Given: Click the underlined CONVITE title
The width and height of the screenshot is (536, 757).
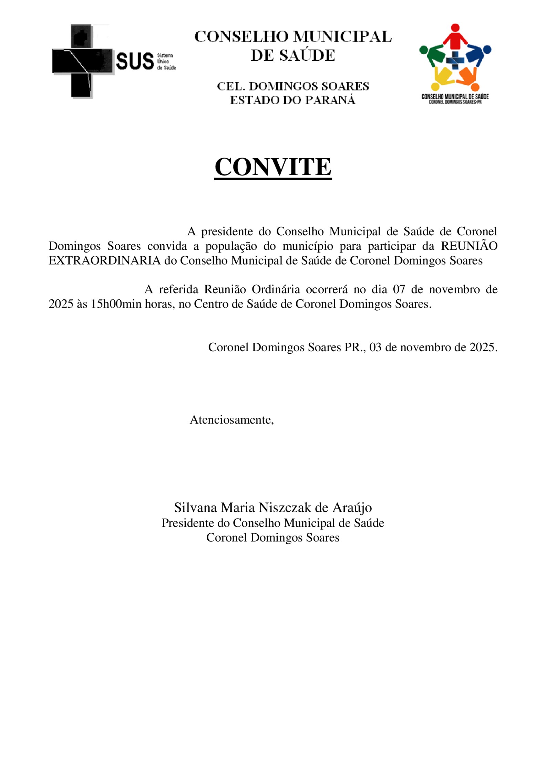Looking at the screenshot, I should [273, 167].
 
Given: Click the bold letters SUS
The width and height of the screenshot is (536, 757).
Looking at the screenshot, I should [135, 62].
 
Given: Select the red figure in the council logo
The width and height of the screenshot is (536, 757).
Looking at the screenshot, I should [455, 36].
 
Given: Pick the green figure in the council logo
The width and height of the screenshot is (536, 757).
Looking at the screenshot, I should [432, 54].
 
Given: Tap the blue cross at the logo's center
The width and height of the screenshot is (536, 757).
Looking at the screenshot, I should [455, 60].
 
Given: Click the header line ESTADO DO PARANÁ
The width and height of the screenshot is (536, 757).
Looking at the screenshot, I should [292, 100].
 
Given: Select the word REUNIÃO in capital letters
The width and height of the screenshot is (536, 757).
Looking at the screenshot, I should [469, 246].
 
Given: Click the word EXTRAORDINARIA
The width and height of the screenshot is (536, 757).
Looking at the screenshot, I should [104, 260].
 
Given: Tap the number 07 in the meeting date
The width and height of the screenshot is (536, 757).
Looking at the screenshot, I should [399, 289].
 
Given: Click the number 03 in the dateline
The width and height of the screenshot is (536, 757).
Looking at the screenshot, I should [375, 347].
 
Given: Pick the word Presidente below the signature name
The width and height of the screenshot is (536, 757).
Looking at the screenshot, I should [188, 523].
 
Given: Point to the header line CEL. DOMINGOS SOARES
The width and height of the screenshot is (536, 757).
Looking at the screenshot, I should [293, 86].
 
